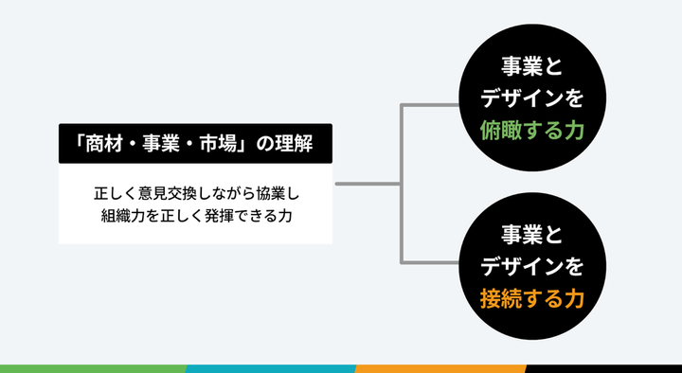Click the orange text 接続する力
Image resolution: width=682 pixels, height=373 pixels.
click(x=532, y=299)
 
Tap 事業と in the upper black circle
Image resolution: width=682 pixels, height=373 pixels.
click(x=532, y=67)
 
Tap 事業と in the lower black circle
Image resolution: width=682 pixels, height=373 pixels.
click(x=532, y=235)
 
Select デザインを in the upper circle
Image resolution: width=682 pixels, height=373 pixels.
click(x=532, y=99)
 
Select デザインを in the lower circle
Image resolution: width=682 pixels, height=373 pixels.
click(x=532, y=267)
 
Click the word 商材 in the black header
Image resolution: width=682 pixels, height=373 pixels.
click(x=100, y=144)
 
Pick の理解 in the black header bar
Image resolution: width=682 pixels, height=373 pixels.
click(x=284, y=144)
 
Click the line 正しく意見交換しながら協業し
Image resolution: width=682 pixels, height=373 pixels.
click(x=197, y=194)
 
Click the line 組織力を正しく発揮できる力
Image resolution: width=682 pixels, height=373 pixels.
click(x=196, y=216)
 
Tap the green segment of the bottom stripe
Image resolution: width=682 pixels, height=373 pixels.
click(x=94, y=368)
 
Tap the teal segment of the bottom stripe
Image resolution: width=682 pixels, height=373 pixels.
click(x=271, y=368)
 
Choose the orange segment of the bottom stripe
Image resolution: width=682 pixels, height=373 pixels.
click(x=440, y=368)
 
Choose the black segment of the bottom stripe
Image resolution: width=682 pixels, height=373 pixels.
click(x=603, y=368)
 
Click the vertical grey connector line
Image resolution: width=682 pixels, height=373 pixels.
click(x=401, y=184)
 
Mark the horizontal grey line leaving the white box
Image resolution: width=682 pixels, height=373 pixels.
click(x=368, y=184)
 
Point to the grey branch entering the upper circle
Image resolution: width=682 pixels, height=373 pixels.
click(x=430, y=105)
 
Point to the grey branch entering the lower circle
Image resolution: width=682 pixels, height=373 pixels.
click(x=430, y=262)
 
